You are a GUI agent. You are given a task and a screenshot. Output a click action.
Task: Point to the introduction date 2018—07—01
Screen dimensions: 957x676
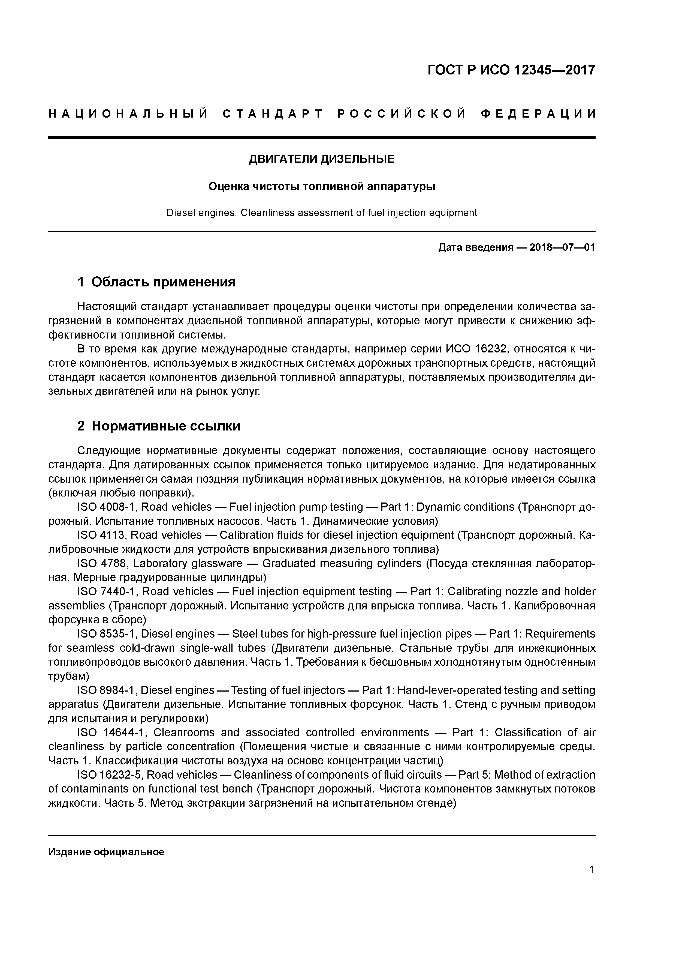pyautogui.click(x=562, y=248)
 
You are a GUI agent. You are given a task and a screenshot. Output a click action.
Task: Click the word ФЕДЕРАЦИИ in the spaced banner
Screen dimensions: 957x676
pyautogui.click(x=539, y=114)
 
